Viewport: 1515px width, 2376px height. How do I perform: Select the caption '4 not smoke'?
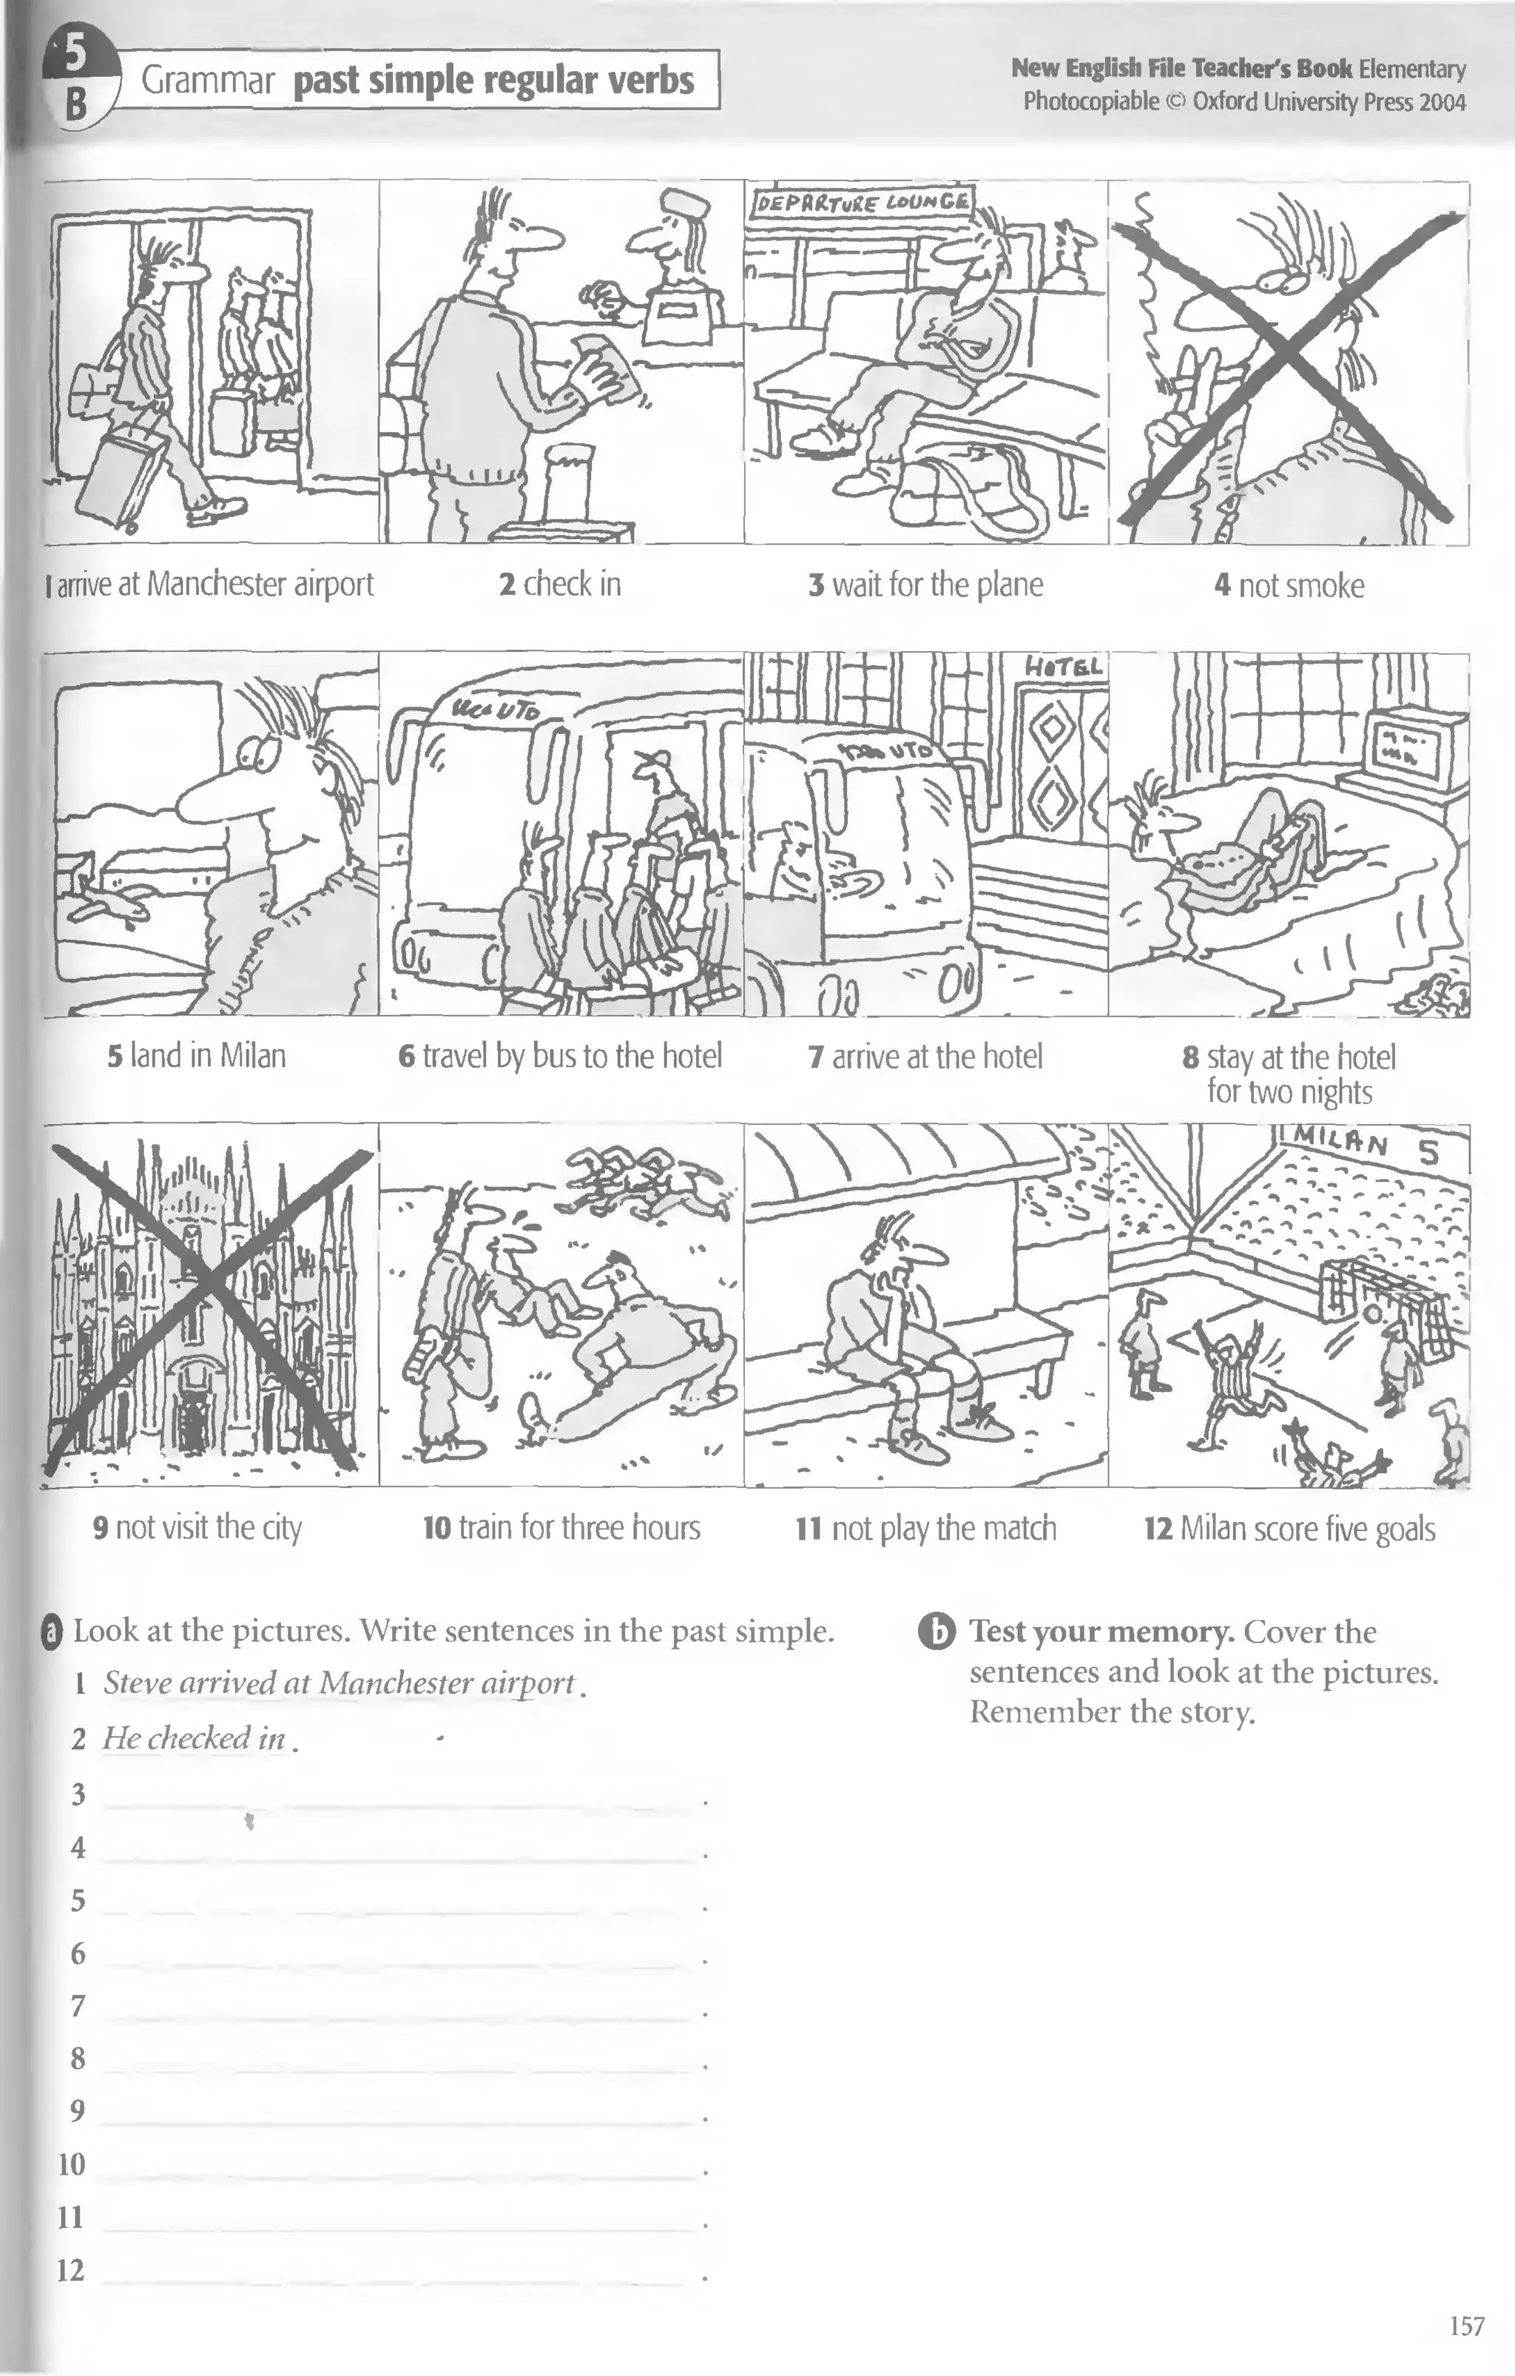1288,586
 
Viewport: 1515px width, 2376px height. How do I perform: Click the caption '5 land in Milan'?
196,1057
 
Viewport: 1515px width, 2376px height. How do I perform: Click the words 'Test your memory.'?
1101,1632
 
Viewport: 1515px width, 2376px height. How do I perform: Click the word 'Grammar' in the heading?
207,81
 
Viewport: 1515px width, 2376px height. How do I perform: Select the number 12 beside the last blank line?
71,2270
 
